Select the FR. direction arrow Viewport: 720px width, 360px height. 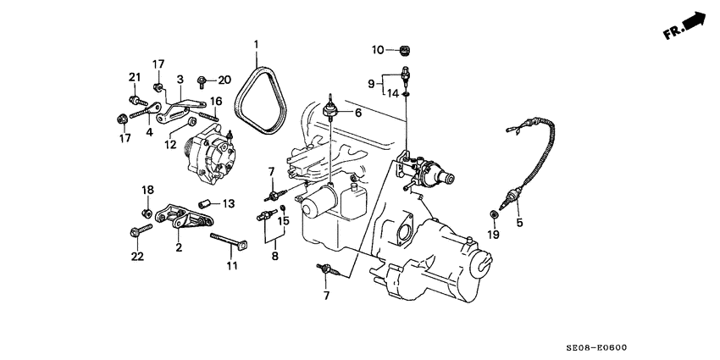click(686, 25)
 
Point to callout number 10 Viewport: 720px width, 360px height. click(379, 50)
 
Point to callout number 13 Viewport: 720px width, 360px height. click(229, 203)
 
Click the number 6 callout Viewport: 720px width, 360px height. click(357, 113)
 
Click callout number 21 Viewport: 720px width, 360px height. click(134, 78)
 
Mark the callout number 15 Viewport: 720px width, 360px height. click(284, 221)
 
